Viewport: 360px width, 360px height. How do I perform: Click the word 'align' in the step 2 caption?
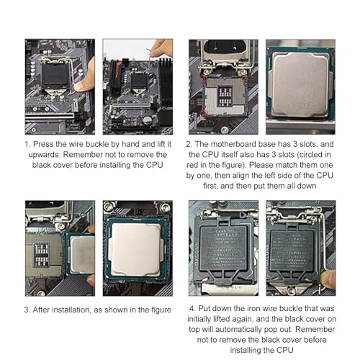pos(244,176)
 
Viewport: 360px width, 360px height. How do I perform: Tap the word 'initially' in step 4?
pos(199,319)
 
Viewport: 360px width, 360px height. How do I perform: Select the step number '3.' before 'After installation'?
pos(27,310)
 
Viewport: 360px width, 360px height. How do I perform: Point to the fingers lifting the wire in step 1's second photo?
pos(161,48)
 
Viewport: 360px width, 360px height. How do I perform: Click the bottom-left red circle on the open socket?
pos(203,113)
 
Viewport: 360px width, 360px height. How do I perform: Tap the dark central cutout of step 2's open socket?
pos(225,96)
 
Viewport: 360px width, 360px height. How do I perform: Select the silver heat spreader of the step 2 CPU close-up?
pos(301,84)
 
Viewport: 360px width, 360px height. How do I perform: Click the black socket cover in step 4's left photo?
pos(223,250)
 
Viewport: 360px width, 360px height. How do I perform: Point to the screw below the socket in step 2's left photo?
pos(225,130)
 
